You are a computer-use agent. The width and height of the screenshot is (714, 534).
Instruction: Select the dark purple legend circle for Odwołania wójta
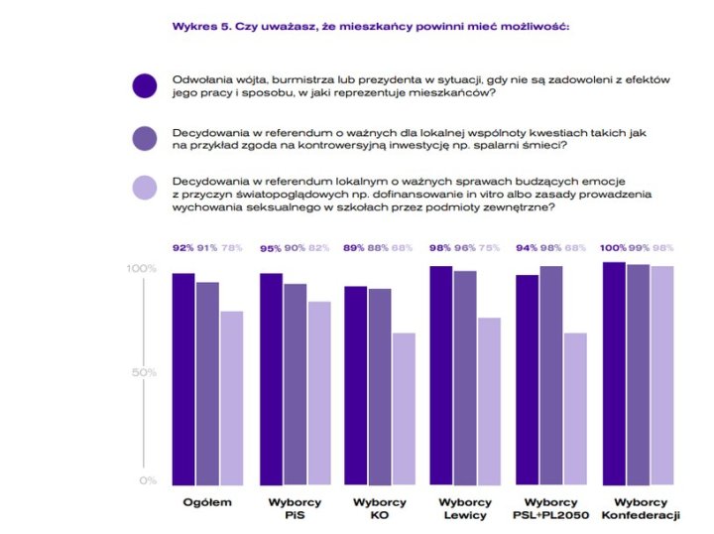click(145, 85)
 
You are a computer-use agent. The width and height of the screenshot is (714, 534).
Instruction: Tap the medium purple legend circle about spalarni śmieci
click(145, 138)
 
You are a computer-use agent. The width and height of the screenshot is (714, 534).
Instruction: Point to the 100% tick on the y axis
click(142, 269)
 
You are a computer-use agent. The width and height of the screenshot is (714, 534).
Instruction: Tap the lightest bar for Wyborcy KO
click(404, 407)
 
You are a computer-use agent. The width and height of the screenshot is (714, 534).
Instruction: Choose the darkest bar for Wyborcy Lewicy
click(441, 372)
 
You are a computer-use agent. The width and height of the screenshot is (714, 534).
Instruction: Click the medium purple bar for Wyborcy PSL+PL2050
click(551, 372)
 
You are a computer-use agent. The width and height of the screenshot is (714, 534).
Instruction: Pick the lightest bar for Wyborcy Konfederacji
click(661, 372)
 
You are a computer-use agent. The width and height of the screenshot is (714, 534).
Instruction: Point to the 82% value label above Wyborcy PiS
click(318, 247)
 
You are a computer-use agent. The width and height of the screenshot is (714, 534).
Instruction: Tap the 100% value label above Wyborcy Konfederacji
click(614, 247)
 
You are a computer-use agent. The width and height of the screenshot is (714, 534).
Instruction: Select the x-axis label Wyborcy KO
click(379, 508)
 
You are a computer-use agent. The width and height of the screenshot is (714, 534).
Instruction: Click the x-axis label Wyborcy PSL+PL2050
click(551, 508)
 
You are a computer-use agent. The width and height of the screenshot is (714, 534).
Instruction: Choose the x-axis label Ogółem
click(207, 502)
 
